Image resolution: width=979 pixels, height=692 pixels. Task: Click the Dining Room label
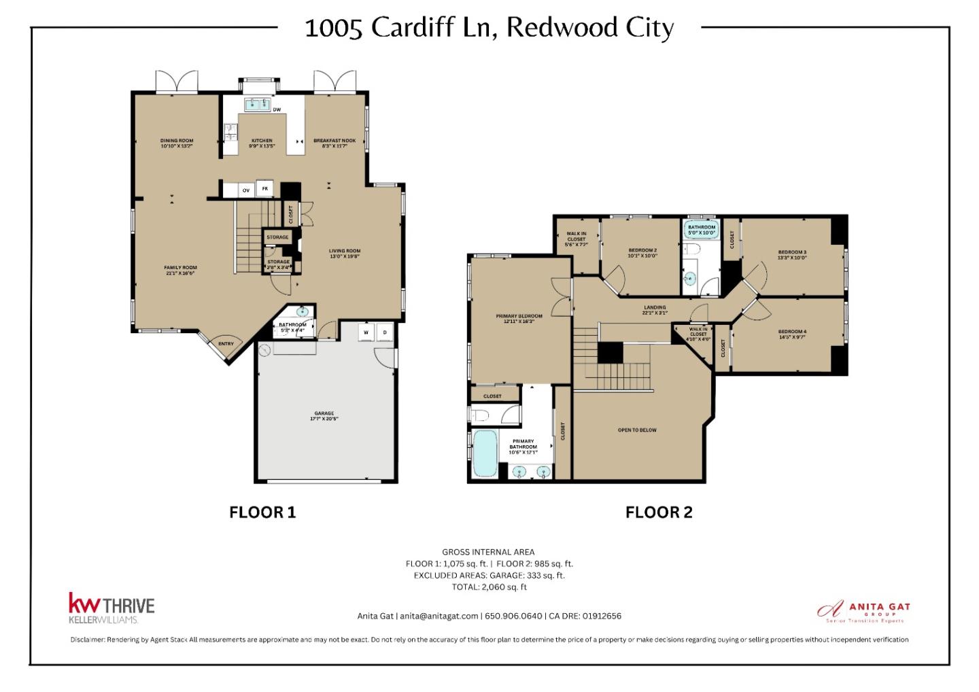pyautogui.click(x=177, y=143)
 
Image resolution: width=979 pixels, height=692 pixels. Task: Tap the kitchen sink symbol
pyautogui.click(x=257, y=104)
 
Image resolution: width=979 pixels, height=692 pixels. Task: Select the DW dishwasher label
pyautogui.click(x=277, y=109)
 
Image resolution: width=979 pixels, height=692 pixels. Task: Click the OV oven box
pyautogui.click(x=246, y=190)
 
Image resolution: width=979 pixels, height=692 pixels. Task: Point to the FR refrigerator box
pyautogui.click(x=265, y=189)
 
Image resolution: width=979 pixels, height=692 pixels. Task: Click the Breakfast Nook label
pyautogui.click(x=334, y=143)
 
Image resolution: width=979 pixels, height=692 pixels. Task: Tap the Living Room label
pyautogui.click(x=345, y=254)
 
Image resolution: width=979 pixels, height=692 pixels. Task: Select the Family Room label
pyautogui.click(x=180, y=270)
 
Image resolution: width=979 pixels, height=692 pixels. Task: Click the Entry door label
pyautogui.click(x=226, y=344)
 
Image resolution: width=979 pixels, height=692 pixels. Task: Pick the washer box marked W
pyautogui.click(x=366, y=332)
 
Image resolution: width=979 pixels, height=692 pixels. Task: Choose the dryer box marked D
pyautogui.click(x=385, y=332)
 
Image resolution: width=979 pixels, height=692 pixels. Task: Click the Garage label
pyautogui.click(x=324, y=416)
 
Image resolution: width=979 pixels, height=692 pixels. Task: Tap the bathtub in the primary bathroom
pyautogui.click(x=484, y=453)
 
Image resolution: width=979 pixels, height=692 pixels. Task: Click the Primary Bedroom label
pyautogui.click(x=519, y=319)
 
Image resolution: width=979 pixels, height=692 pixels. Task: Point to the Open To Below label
pyautogui.click(x=637, y=430)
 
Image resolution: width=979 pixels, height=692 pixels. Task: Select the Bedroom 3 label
pyautogui.click(x=792, y=255)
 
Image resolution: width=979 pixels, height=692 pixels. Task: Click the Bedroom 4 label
pyautogui.click(x=792, y=334)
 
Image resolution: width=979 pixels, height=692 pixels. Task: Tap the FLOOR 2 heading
pyautogui.click(x=659, y=513)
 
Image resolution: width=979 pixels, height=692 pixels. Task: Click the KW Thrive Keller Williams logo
pyautogui.click(x=111, y=608)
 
